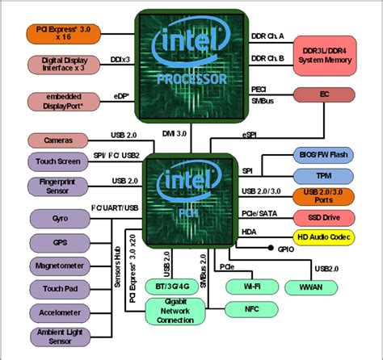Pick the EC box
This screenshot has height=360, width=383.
click(323, 94)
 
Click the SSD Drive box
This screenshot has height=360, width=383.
click(323, 218)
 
